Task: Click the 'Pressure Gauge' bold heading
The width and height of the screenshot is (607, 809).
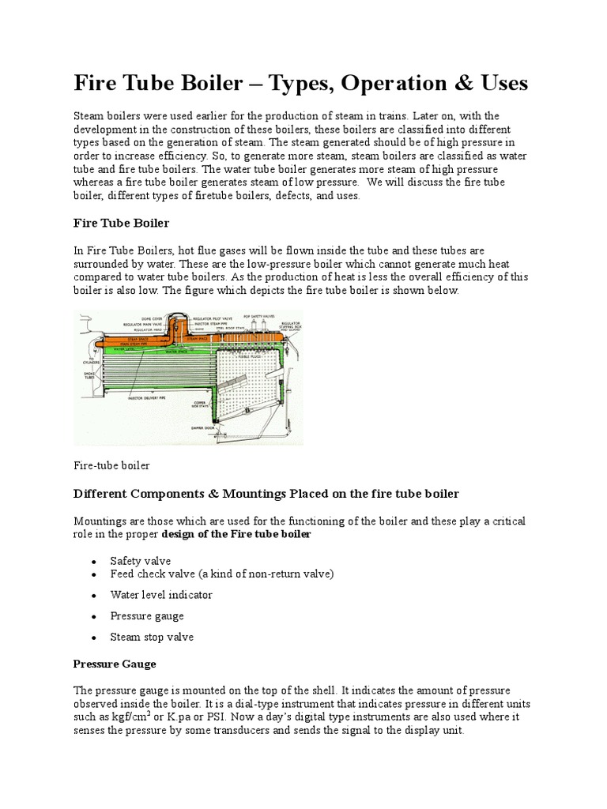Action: (x=115, y=664)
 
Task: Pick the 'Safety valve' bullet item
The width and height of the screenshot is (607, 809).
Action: (x=141, y=561)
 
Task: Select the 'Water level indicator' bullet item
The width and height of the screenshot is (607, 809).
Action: (x=161, y=595)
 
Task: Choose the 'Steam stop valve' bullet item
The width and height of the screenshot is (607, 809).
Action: (x=152, y=637)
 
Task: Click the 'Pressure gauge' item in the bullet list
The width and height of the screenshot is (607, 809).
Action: (x=147, y=615)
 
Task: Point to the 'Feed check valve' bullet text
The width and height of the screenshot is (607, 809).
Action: (x=158, y=574)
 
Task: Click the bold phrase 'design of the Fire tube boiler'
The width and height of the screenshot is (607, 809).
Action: (x=236, y=535)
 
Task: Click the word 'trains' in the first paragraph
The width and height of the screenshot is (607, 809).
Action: (x=381, y=116)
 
